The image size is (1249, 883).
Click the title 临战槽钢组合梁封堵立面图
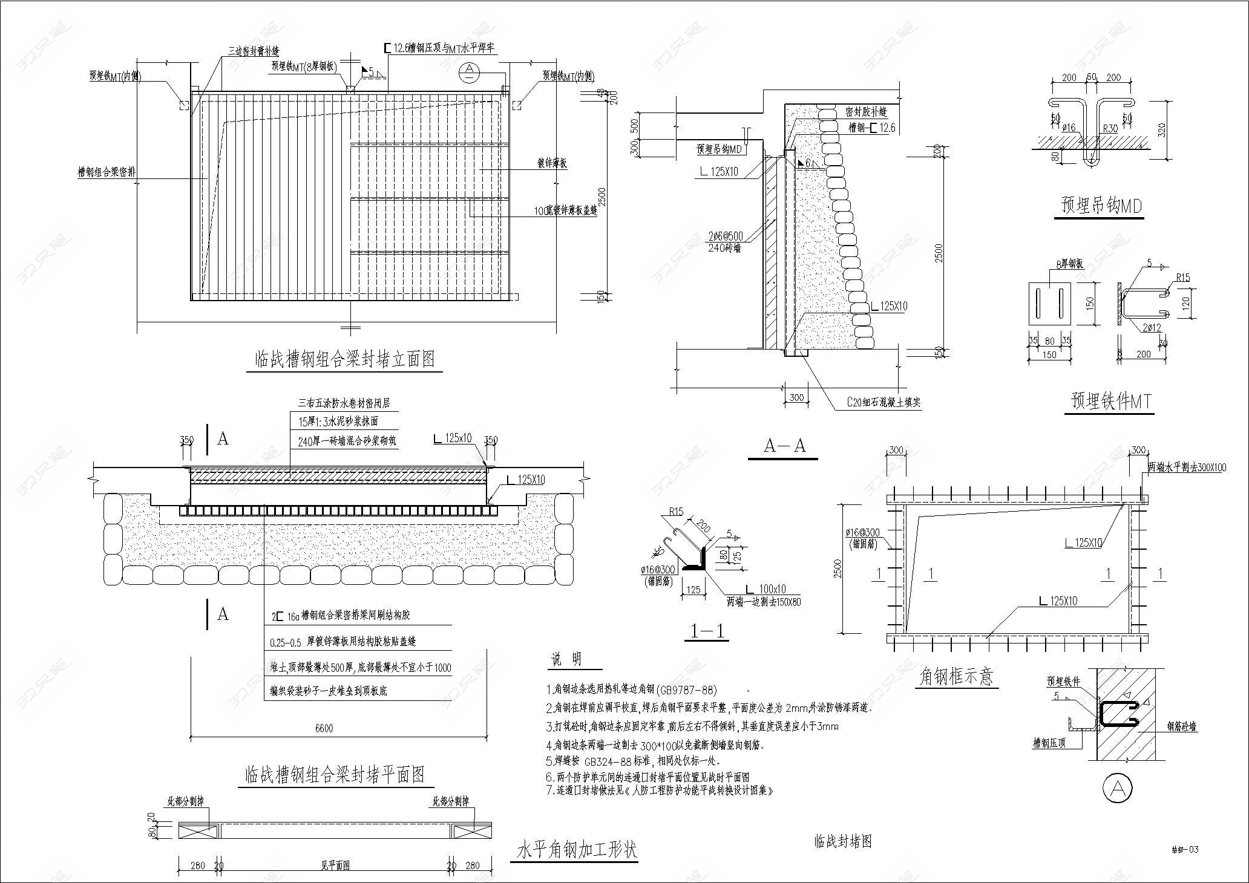click(x=344, y=360)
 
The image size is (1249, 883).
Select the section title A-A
click(x=785, y=446)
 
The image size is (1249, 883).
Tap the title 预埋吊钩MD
click(x=1102, y=206)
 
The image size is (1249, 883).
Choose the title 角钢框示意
click(x=956, y=676)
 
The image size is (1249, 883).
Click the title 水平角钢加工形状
click(x=576, y=850)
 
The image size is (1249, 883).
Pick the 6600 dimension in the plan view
click(x=324, y=728)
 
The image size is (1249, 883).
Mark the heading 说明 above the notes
click(x=566, y=660)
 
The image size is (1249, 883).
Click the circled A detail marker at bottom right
click(x=1118, y=787)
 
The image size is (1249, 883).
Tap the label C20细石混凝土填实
click(x=883, y=402)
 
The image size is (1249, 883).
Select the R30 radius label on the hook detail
click(x=1110, y=128)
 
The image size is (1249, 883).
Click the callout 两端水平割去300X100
click(x=1187, y=468)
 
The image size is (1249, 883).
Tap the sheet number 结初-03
click(x=1185, y=850)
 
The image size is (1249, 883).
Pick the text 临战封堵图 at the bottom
click(x=843, y=841)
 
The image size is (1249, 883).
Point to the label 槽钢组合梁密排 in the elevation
click(x=107, y=172)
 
